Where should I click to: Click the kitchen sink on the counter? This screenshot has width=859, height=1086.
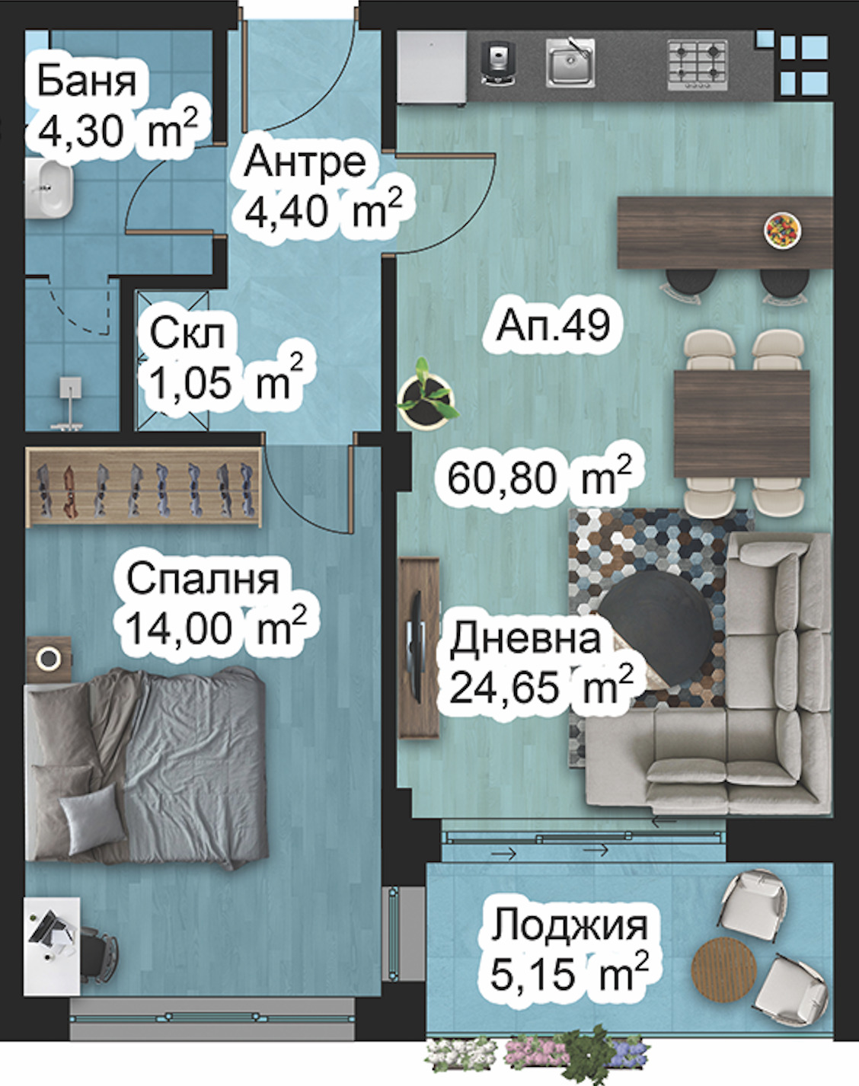point(570,62)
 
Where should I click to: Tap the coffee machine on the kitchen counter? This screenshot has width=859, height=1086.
point(500,62)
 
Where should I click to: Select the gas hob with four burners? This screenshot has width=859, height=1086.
point(696,62)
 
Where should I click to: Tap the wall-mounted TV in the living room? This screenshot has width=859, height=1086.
point(417,647)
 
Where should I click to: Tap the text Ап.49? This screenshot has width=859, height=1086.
point(553,325)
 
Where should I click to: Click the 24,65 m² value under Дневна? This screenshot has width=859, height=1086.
point(541,688)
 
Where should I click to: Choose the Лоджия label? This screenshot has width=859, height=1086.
point(570,926)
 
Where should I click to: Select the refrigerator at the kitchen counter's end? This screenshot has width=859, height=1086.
point(432,67)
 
